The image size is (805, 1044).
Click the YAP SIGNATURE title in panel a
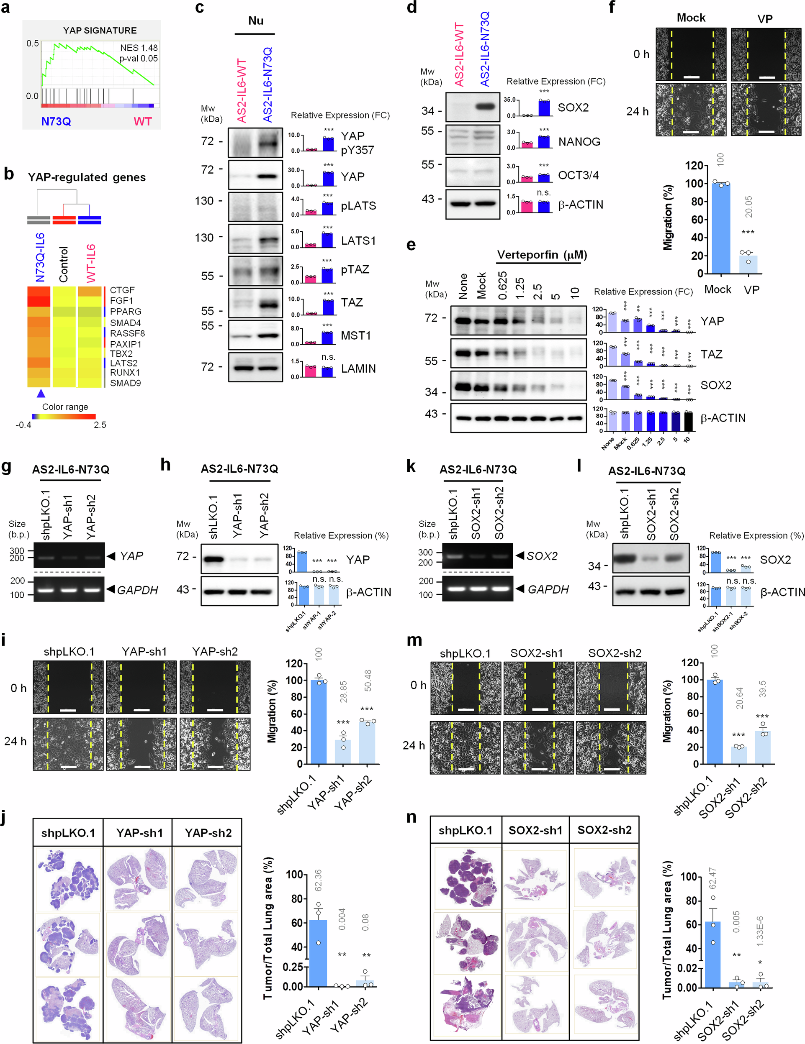[100, 31]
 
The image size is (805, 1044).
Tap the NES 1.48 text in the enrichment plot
[139, 48]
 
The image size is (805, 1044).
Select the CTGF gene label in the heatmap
[123, 290]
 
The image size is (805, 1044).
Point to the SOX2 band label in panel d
[573, 107]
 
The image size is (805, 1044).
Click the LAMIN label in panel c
[358, 368]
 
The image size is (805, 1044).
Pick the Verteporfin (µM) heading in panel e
[542, 255]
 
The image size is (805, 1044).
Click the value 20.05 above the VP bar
[748, 207]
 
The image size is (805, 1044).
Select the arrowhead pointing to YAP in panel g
[111, 556]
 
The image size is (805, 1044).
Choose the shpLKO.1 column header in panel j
[68, 833]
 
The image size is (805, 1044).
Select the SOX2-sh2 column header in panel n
[604, 830]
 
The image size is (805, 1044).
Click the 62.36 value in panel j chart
[318, 880]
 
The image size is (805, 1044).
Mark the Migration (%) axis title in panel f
[668, 217]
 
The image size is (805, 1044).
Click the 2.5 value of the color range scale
[100, 425]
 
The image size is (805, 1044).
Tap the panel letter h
[165, 464]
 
